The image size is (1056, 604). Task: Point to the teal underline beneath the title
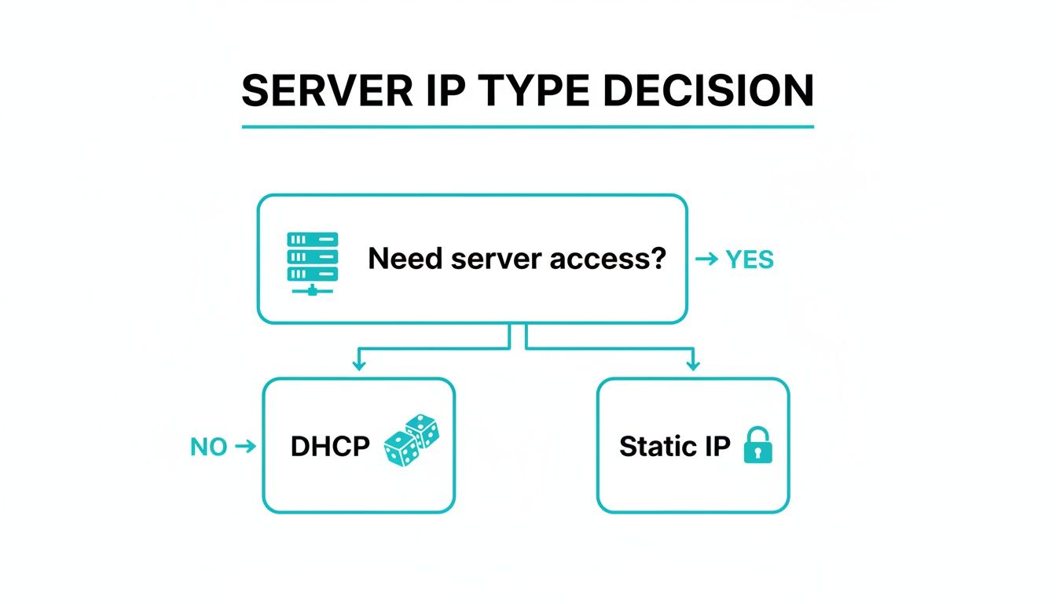click(527, 126)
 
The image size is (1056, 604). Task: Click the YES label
click(750, 259)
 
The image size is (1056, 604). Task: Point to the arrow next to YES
click(707, 259)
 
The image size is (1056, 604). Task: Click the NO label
click(208, 447)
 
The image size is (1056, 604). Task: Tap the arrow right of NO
click(246, 447)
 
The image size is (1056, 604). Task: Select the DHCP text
click(330, 447)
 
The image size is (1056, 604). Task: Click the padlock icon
click(757, 445)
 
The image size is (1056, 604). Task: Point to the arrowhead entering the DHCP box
click(359, 365)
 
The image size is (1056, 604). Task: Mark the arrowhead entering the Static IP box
click(692, 365)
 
